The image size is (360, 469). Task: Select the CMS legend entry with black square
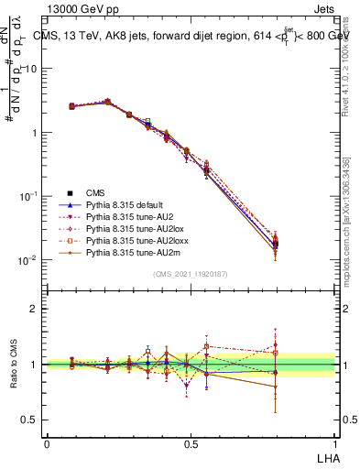tap(96, 192)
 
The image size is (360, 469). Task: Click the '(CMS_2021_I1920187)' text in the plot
tap(191, 274)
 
